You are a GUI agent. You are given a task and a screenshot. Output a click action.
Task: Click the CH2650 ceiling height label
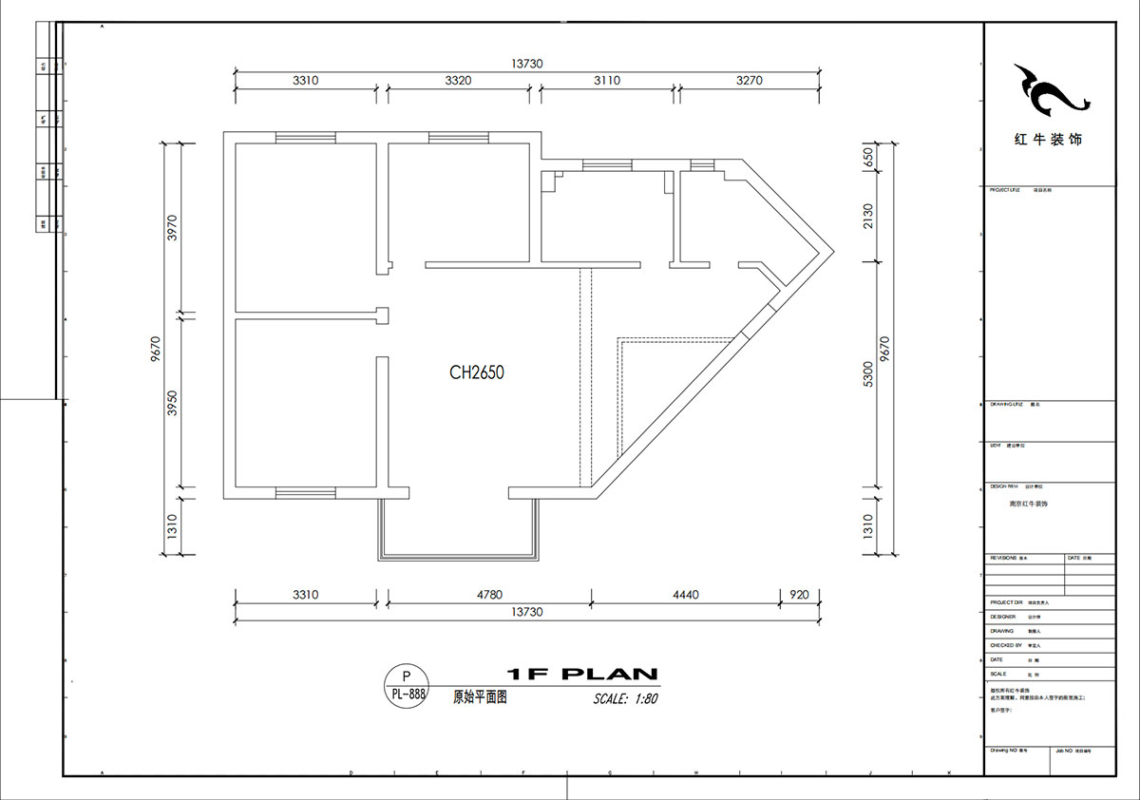[x=477, y=373]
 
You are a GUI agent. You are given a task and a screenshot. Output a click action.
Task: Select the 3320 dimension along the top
[x=458, y=81]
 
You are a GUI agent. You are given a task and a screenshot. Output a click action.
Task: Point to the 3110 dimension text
[x=607, y=81]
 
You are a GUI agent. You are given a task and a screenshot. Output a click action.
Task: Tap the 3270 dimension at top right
[x=749, y=81]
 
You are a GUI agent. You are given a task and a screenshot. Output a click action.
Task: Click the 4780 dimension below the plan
[x=488, y=595]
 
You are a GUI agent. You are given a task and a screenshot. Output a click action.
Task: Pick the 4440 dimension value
[x=685, y=595]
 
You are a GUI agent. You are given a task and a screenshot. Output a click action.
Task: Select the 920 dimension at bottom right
[x=799, y=595]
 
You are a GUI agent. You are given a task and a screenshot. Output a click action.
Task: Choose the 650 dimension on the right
[x=870, y=158]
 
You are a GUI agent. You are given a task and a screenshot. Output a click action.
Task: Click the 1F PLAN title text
[x=582, y=675]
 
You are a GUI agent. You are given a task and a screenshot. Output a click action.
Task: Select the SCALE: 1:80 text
[x=625, y=698]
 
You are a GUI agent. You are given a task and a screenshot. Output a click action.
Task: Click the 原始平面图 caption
[x=480, y=696]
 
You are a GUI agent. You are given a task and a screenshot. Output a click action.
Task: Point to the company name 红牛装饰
[x=1048, y=140]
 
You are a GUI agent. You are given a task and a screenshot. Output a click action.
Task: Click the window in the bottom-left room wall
[x=305, y=492]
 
